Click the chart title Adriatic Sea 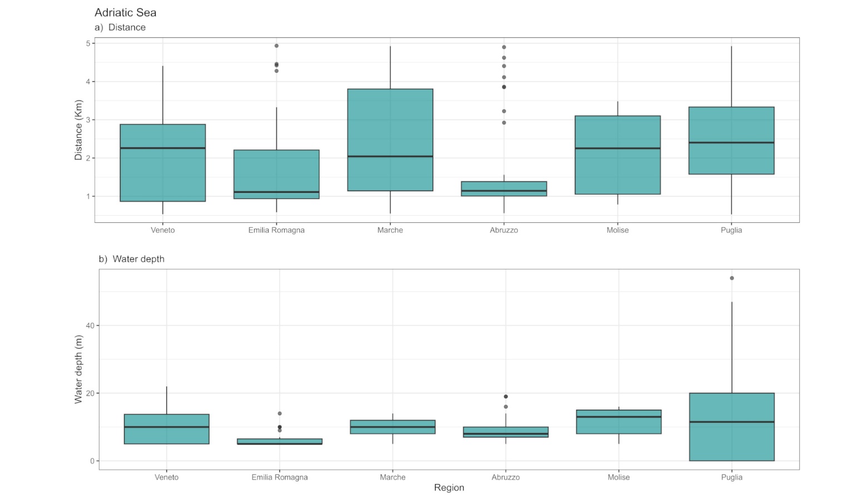[125, 12]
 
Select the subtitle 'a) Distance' [120, 27]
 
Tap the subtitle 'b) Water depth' [132, 259]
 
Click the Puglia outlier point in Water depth [732, 278]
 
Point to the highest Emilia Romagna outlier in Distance [276, 46]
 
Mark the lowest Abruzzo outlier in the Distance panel [504, 122]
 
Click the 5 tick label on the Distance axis [88, 43]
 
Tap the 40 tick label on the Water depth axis [90, 326]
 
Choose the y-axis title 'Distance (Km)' [78, 130]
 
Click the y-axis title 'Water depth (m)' [78, 369]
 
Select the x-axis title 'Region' [449, 487]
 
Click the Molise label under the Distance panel [617, 230]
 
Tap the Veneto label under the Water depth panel [166, 477]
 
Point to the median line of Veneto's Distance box [162, 148]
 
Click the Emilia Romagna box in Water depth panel [279, 441]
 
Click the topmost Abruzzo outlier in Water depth [506, 396]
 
